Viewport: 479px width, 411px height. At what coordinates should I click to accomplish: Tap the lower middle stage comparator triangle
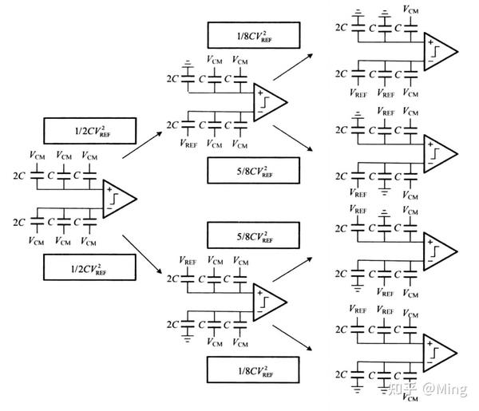[267, 300]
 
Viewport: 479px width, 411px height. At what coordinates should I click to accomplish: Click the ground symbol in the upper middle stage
[188, 64]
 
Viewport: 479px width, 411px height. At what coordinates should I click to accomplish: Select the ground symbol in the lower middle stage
[188, 338]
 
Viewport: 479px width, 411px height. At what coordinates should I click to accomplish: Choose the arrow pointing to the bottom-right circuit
[292, 335]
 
